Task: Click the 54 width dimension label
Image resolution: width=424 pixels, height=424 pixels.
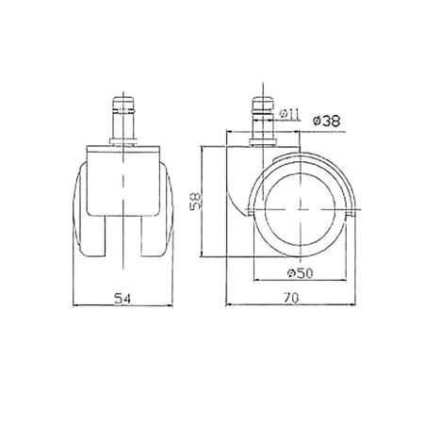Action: (x=122, y=299)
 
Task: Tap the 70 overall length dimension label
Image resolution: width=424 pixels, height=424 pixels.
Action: (x=291, y=299)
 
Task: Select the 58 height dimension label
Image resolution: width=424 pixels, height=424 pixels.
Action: (x=196, y=201)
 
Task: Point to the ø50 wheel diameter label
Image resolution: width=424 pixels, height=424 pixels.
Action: (x=301, y=273)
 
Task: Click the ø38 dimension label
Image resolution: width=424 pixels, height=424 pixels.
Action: (x=327, y=121)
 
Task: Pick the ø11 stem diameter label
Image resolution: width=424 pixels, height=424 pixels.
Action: (x=289, y=114)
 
